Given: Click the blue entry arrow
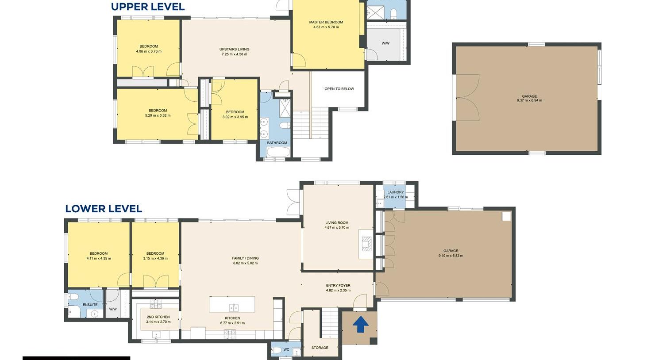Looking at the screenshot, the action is click(x=360, y=324).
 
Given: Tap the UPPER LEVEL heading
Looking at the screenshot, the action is click(x=148, y=7).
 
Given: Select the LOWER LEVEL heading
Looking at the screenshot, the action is click(x=104, y=209).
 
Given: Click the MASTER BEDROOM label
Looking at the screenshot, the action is click(x=326, y=22).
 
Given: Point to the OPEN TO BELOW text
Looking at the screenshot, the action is click(x=339, y=89).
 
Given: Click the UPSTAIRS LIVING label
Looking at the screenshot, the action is click(x=235, y=50).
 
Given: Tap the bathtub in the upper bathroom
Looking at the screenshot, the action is click(x=278, y=152).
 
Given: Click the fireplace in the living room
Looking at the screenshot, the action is click(x=366, y=244).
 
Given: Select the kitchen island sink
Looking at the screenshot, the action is click(x=233, y=308).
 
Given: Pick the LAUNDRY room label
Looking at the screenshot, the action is click(x=395, y=192).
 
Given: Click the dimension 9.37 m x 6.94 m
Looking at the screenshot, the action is click(x=529, y=100).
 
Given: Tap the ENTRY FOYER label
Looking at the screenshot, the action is click(x=338, y=286).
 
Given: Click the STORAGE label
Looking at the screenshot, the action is click(x=320, y=348).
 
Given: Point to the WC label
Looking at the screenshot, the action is click(x=286, y=349).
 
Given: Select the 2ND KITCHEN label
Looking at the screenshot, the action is click(x=158, y=317).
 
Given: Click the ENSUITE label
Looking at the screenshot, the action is click(x=90, y=305).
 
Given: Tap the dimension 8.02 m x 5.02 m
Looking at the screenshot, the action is click(x=245, y=263).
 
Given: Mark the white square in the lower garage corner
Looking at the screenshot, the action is click(x=506, y=216).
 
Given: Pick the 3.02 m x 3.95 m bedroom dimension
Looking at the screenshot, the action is click(x=235, y=117).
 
